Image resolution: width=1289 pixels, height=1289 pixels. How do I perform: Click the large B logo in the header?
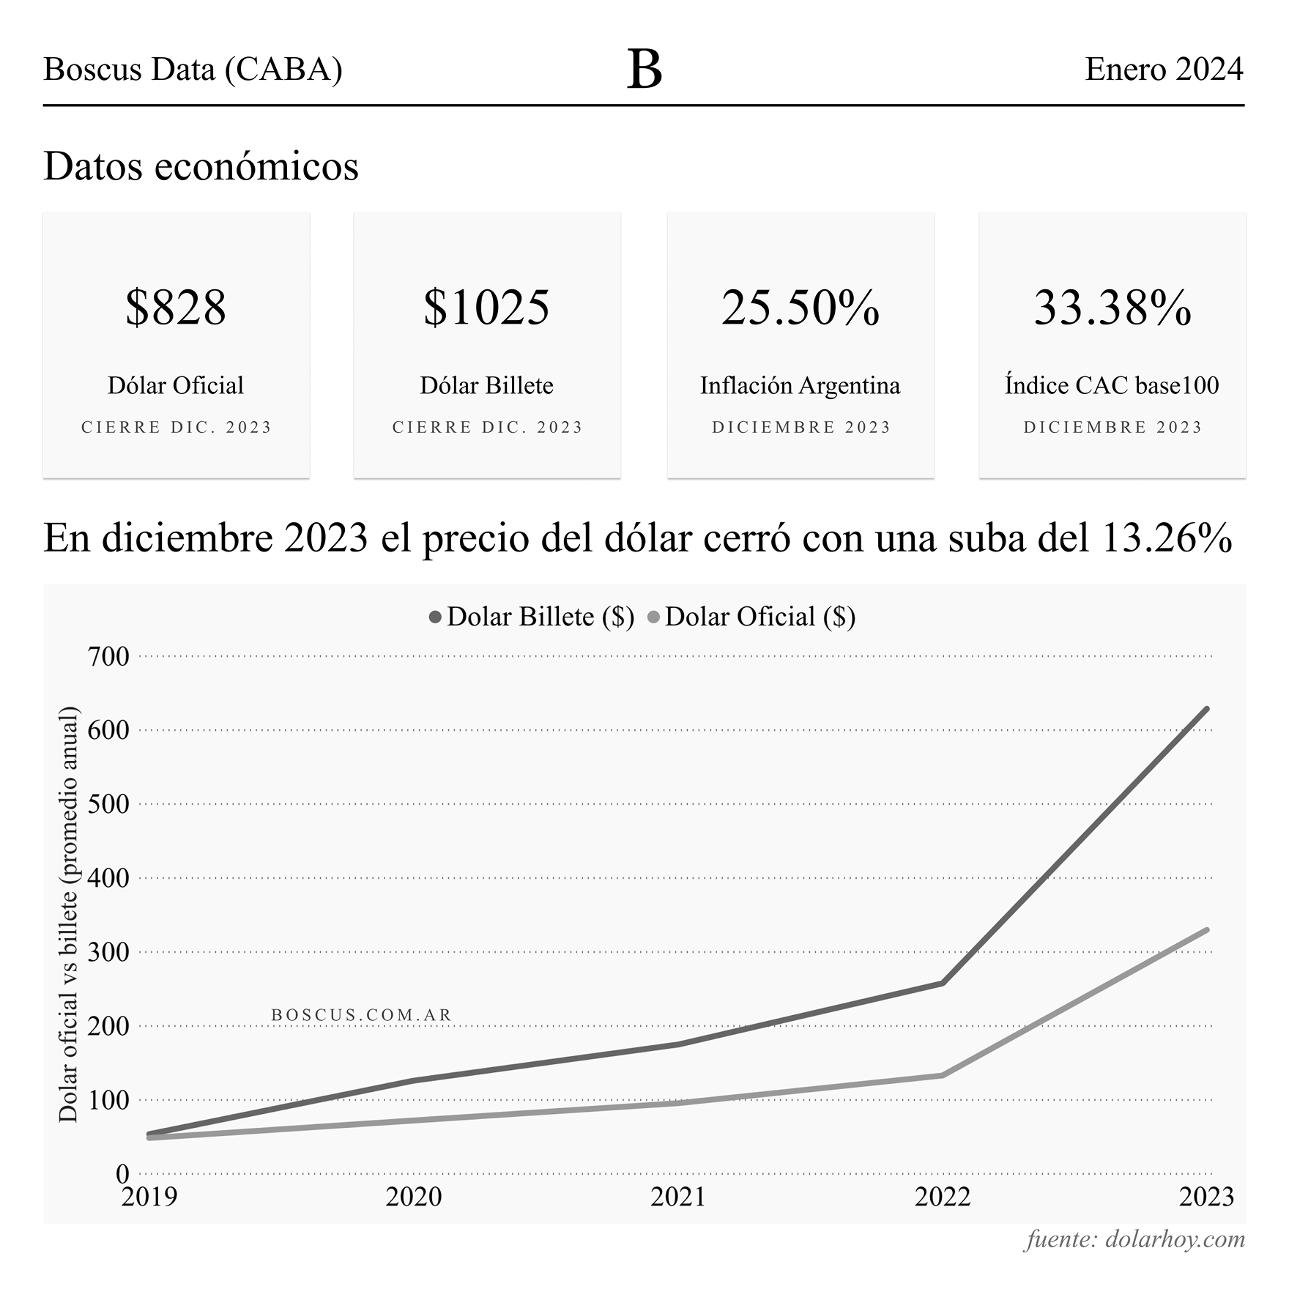click(x=644, y=70)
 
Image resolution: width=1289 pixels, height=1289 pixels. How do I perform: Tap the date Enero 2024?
click(x=1164, y=70)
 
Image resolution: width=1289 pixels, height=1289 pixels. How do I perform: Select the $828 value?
click(x=176, y=308)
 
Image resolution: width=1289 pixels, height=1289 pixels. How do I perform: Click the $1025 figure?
click(x=487, y=308)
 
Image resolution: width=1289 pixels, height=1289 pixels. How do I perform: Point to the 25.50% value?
click(x=800, y=308)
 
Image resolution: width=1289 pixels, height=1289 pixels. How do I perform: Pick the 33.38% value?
click(x=1112, y=308)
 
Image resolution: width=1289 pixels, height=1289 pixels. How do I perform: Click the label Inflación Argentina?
click(x=800, y=385)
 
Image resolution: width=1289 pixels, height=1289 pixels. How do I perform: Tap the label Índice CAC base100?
click(x=1112, y=385)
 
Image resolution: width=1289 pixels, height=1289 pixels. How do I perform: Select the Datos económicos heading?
click(x=201, y=166)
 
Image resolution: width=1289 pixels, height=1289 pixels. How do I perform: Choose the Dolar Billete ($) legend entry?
click(x=532, y=617)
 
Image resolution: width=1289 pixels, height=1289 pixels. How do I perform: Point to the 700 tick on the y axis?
click(x=108, y=656)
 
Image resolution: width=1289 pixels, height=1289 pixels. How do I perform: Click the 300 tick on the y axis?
click(x=108, y=952)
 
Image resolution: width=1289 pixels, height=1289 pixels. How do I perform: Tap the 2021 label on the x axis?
click(x=677, y=1196)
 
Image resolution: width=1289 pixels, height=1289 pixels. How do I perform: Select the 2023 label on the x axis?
click(x=1206, y=1196)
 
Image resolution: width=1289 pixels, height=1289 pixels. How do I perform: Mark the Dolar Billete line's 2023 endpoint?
click(x=1206, y=709)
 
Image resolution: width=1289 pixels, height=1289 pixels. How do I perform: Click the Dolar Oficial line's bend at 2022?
click(x=942, y=1075)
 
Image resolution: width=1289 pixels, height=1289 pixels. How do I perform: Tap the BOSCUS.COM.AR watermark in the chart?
click(x=362, y=1015)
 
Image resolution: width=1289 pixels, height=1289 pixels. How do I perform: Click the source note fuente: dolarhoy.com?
click(x=1134, y=1239)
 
